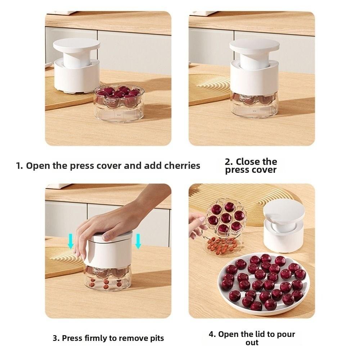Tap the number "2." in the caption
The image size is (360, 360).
coord(229,162)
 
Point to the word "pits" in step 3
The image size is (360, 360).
coord(157,338)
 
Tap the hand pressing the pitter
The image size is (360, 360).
coord(115,220)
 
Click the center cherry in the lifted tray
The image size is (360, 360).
coord(226,218)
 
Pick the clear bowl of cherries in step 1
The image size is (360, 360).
coord(119,104)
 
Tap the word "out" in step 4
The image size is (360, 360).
coord(252,343)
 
